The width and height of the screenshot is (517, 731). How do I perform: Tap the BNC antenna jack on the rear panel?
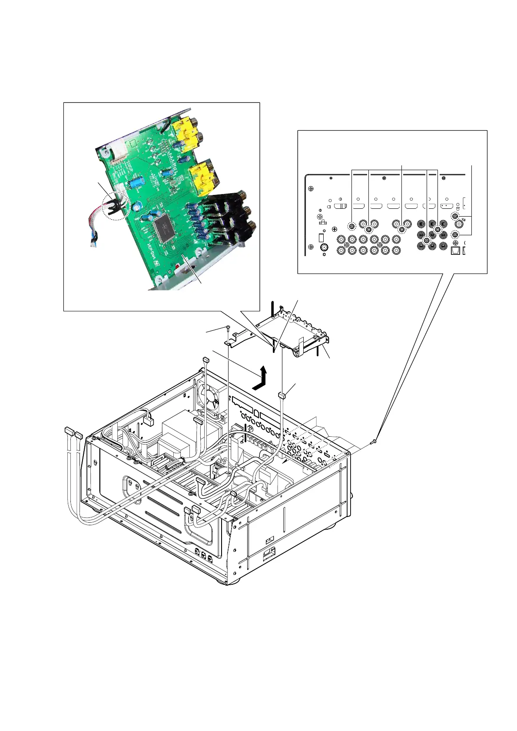click(323, 248)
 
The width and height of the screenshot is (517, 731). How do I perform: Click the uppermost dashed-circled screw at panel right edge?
click(455, 216)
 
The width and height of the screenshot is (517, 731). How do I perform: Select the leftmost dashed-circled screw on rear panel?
click(352, 226)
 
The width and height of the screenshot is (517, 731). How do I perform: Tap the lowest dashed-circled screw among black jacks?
click(426, 240)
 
